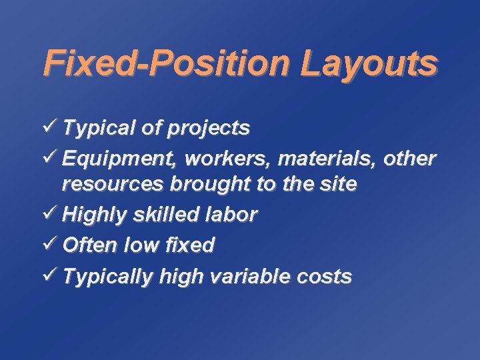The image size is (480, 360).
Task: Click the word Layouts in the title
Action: (368, 65)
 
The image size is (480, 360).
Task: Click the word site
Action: (338, 183)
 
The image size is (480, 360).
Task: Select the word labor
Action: (233, 214)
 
